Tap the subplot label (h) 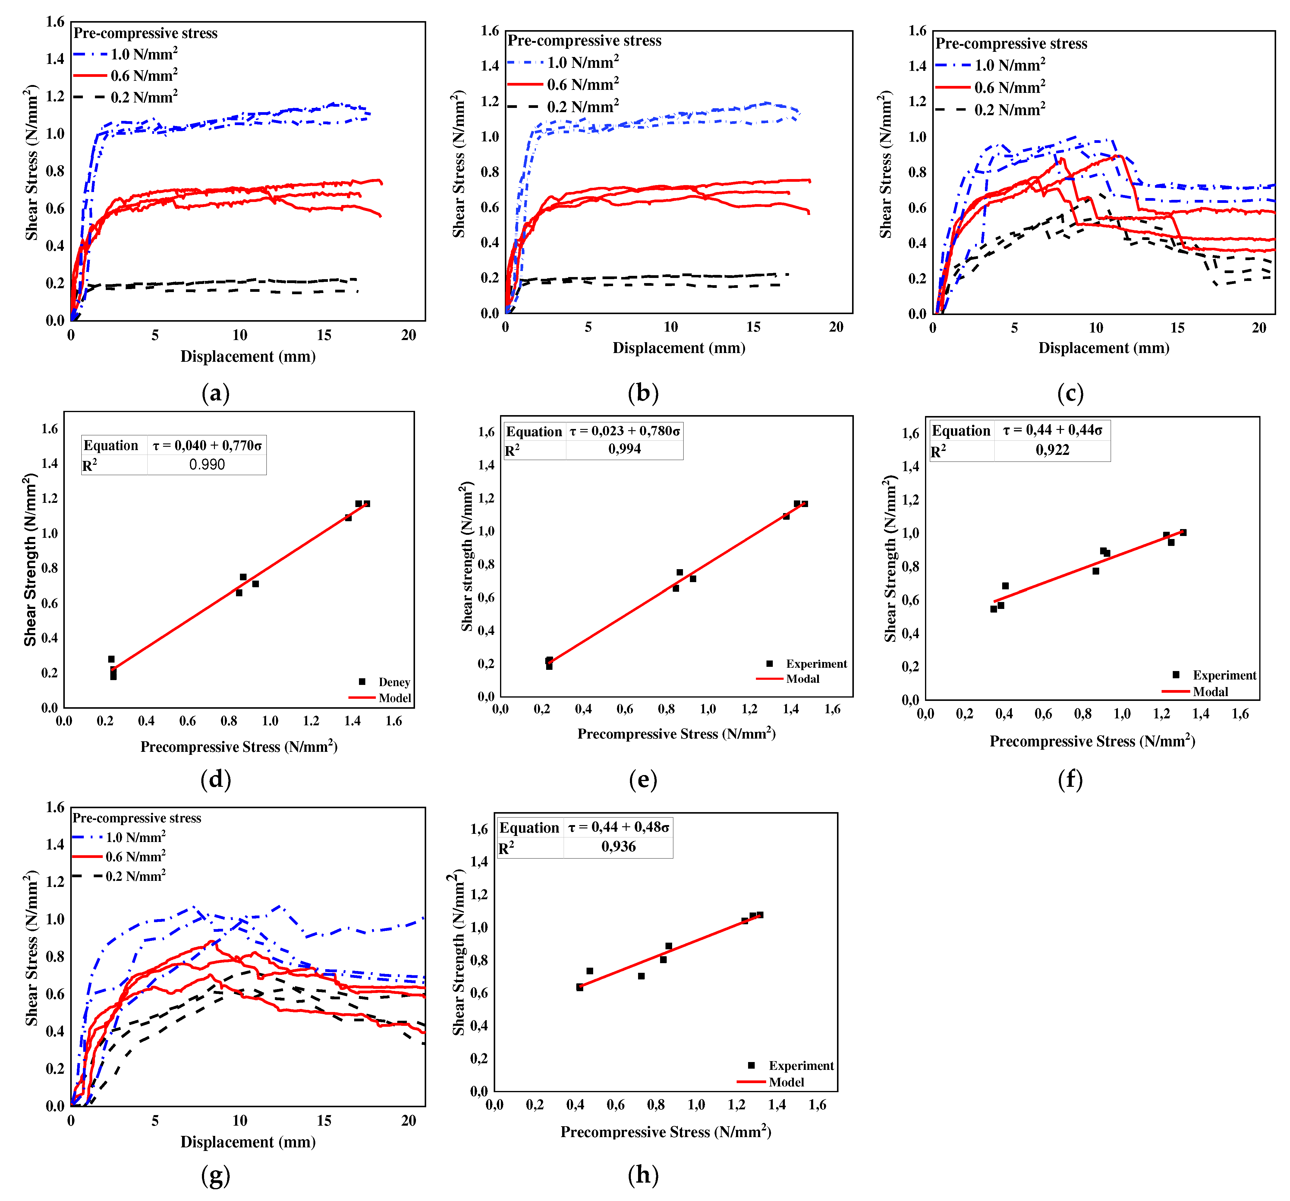point(643,1174)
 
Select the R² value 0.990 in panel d point(207,465)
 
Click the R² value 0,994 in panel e point(624,449)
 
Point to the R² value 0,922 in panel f point(1052,450)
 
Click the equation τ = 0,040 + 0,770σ point(207,445)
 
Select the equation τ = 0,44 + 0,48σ point(618,827)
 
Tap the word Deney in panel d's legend point(394,682)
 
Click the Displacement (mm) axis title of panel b point(679,348)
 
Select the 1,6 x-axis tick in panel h point(817,1104)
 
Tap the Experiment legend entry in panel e point(816,664)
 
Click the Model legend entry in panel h point(786,1082)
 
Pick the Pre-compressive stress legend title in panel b point(584,41)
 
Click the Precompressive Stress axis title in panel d point(239,747)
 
